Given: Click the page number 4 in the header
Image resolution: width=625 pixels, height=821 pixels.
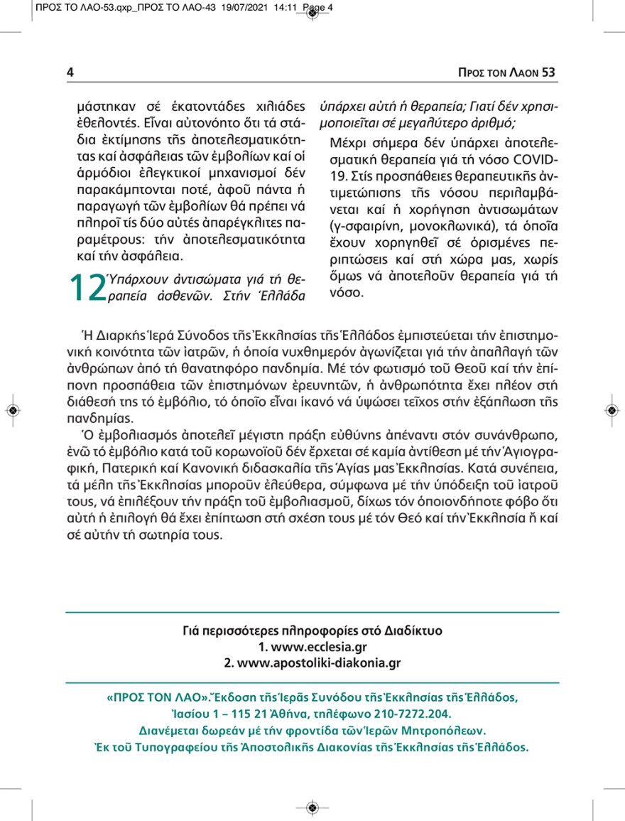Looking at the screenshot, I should tap(70, 73).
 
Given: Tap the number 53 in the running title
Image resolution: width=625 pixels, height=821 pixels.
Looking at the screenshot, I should tap(548, 73).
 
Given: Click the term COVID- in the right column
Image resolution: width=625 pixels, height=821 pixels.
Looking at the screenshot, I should tap(532, 156).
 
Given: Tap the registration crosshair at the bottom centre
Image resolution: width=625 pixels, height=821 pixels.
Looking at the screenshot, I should tap(312, 807).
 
